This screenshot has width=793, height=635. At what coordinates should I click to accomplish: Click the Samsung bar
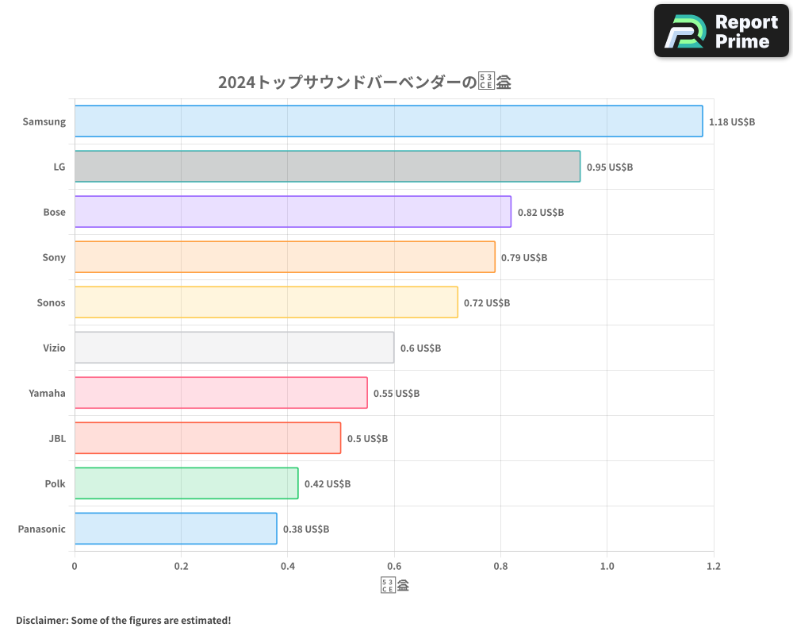[389, 121]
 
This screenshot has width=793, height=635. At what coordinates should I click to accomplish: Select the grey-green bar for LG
[328, 167]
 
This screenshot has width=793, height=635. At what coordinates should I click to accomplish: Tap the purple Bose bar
[293, 212]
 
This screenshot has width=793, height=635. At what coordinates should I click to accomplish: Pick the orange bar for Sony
[285, 257]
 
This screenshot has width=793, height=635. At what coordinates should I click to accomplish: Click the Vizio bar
[234, 348]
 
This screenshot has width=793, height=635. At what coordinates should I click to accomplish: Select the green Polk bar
[186, 483]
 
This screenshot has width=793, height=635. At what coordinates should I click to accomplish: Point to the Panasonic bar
[175, 529]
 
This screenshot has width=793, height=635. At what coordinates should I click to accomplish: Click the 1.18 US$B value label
[732, 122]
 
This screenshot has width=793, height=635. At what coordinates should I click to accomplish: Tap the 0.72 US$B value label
[487, 303]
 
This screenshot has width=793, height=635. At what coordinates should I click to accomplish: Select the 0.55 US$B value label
[396, 394]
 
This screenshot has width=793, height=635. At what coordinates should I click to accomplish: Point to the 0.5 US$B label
[367, 439]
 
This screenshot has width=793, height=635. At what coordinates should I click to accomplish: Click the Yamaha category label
[47, 393]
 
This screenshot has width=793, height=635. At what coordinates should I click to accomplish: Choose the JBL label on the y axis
[56, 438]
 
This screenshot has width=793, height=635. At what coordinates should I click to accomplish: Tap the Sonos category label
[51, 302]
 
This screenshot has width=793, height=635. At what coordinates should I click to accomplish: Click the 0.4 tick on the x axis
[288, 566]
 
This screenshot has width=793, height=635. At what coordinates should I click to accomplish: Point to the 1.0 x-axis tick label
[607, 566]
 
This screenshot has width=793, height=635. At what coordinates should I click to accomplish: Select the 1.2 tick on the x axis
[713, 566]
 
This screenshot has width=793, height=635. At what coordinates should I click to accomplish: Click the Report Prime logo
[721, 31]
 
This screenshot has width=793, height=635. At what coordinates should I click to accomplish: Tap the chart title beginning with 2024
[365, 83]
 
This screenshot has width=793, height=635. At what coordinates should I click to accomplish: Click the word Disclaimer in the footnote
[40, 620]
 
